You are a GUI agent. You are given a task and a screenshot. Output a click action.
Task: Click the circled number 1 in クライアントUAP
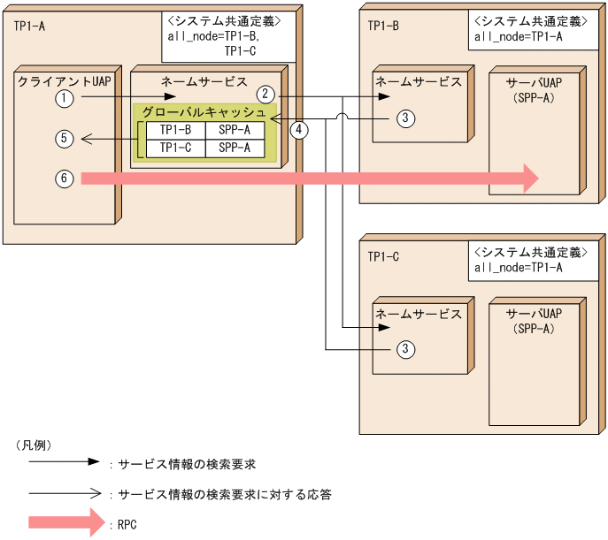click(x=63, y=99)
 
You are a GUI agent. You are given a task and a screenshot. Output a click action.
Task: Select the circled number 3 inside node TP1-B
click(x=404, y=118)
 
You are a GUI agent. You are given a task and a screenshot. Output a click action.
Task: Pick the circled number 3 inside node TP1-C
click(x=404, y=349)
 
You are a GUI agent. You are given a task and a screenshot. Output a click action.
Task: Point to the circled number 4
click(x=300, y=129)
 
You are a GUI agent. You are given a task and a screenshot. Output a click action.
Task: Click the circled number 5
click(x=63, y=138)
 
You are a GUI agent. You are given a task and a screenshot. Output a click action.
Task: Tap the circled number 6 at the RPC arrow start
click(x=63, y=179)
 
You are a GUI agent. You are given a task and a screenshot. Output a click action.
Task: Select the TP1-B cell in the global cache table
click(x=175, y=131)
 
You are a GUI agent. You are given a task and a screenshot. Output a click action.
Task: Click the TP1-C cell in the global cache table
click(x=175, y=148)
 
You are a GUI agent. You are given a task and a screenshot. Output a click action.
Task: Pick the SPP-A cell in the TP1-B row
click(x=235, y=131)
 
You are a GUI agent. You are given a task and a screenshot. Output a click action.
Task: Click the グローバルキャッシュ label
click(x=204, y=113)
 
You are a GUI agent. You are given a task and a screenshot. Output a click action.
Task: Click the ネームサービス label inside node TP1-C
click(x=419, y=314)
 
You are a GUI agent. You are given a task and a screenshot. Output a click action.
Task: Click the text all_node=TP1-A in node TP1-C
click(x=519, y=267)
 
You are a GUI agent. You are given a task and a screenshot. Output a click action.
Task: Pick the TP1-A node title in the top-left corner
click(x=29, y=25)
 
